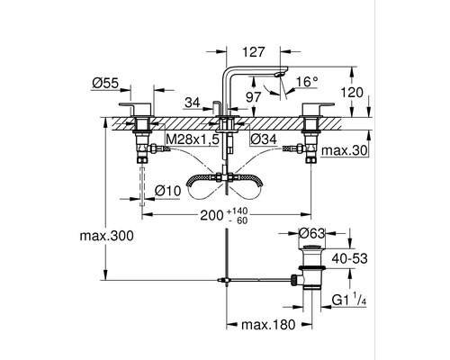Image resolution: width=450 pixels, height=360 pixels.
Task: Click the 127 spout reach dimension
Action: [254, 52]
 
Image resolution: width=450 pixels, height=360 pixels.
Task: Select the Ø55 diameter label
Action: [105, 83]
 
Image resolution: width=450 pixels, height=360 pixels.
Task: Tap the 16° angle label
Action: [307, 81]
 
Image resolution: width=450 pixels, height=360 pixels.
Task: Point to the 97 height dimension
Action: [254, 97]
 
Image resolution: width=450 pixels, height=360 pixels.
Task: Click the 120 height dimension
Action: [352, 93]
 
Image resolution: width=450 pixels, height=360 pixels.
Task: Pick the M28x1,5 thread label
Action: [193, 139]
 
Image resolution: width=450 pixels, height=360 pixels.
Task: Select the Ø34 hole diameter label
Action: [264, 139]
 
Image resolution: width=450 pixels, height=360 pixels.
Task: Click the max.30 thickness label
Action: [345, 150]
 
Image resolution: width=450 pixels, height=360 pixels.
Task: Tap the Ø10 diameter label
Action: [168, 191]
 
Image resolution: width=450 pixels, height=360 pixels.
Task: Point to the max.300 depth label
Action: [106, 236]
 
